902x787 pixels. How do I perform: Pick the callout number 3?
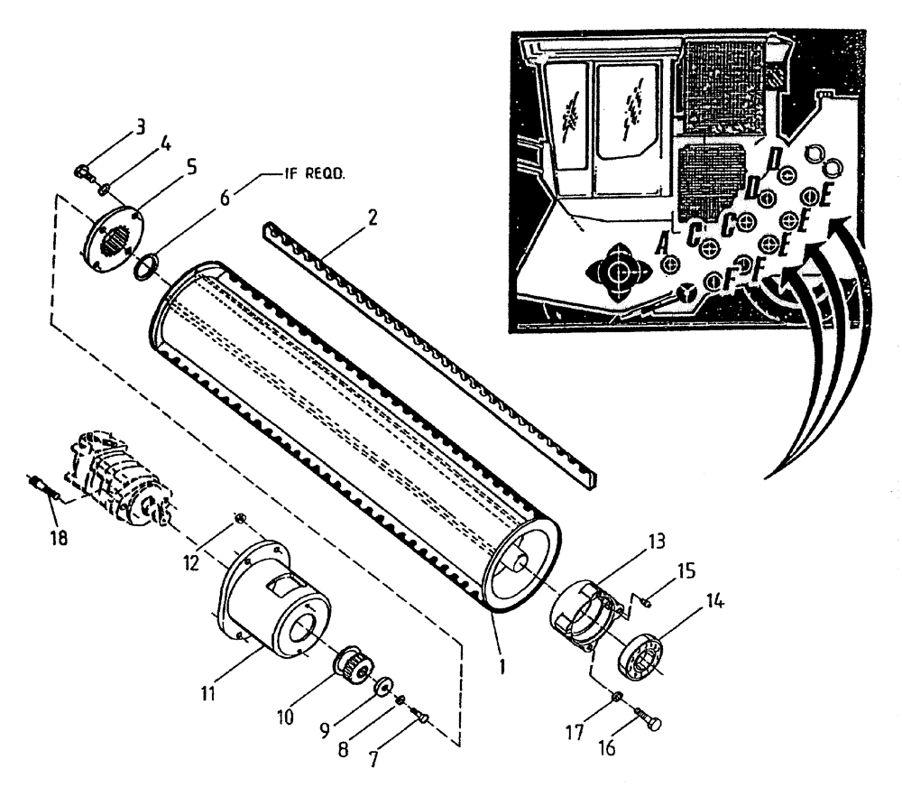(x=141, y=127)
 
